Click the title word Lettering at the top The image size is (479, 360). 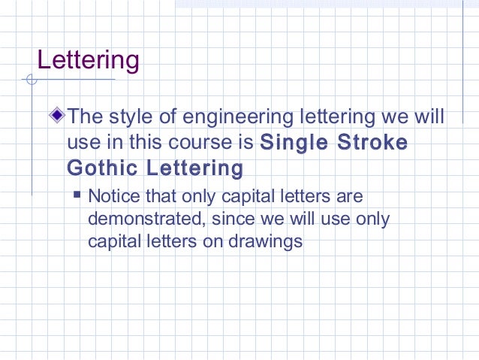[x=88, y=60]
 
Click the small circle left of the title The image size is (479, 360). [x=30, y=79]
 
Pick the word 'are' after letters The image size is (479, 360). [x=350, y=198]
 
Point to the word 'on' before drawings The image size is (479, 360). [x=218, y=242]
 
